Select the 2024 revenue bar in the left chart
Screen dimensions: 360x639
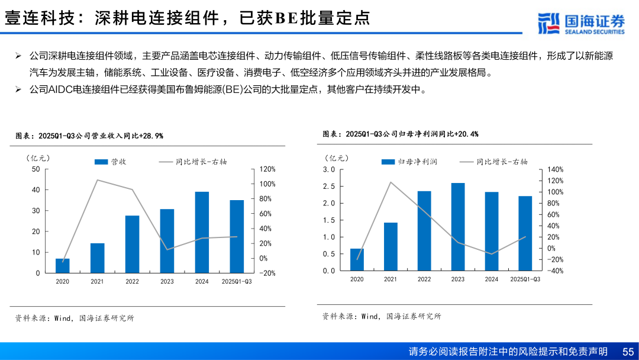click(202, 232)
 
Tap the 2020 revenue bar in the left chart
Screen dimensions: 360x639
click(62, 265)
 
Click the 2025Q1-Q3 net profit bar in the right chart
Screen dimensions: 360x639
click(525, 233)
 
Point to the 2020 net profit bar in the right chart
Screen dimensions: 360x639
click(357, 259)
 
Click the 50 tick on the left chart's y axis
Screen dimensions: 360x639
click(35, 169)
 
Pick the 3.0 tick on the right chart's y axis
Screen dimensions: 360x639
click(329, 169)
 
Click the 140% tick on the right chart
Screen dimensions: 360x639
click(556, 169)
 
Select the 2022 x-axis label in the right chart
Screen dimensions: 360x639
click(424, 279)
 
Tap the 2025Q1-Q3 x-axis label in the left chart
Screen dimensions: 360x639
click(236, 282)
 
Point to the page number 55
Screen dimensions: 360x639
click(628, 352)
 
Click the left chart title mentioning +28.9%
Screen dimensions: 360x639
click(89, 136)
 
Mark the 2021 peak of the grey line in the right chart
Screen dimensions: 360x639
click(390, 182)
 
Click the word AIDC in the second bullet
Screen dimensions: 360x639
click(60, 90)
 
